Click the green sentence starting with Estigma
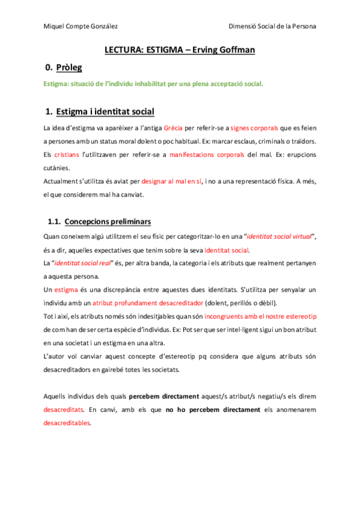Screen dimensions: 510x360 153,84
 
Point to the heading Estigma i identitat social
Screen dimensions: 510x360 105,112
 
